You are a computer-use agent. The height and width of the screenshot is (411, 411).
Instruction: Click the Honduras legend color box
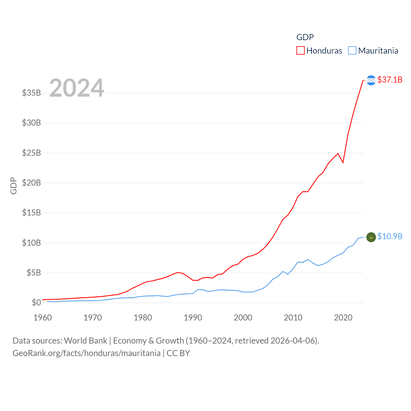[300, 51]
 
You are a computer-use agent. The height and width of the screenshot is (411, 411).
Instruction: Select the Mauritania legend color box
[352, 51]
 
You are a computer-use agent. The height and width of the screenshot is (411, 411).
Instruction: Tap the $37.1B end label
[390, 80]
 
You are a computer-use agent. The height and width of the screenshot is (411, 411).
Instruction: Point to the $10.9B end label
[390, 236]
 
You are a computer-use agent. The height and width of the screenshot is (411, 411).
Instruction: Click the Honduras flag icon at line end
[371, 80]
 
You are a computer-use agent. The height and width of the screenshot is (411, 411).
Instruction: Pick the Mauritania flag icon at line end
[371, 237]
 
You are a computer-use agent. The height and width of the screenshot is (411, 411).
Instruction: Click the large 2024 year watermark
[76, 88]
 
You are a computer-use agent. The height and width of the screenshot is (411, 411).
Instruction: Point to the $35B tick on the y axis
[31, 93]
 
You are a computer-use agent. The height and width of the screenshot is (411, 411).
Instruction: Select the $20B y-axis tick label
[31, 183]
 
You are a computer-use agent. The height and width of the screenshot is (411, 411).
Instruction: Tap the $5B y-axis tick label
[34, 273]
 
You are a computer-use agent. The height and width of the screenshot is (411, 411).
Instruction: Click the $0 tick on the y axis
[36, 302]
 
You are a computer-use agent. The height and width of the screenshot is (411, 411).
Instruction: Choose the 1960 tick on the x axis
[43, 318]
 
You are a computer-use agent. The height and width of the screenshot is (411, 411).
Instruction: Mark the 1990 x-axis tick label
[193, 318]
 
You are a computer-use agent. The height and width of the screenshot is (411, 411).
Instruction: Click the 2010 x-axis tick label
[293, 318]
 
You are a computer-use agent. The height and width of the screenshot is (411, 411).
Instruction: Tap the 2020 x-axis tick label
[343, 318]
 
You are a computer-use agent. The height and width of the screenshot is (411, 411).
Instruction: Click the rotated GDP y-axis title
[13, 186]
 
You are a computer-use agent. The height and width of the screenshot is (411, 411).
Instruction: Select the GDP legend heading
[305, 37]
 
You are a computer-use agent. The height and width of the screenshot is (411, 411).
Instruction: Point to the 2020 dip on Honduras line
[343, 162]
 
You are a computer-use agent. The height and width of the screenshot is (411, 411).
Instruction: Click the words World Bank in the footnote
[85, 341]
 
